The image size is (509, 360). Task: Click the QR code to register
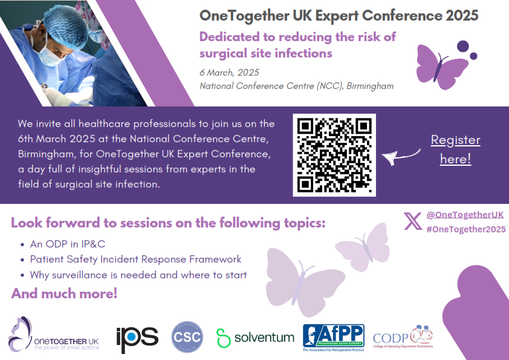[334, 155]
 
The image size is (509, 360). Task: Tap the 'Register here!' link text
[455, 149]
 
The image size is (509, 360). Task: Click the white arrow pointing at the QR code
[401, 157]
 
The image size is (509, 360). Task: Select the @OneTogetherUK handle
[465, 215]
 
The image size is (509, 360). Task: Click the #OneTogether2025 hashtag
[466, 229]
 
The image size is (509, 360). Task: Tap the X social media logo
[413, 221]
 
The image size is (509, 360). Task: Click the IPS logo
[137, 339]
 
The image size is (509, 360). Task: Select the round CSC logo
[187, 337]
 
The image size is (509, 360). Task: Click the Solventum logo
[255, 338]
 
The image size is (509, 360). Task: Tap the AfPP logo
[333, 338]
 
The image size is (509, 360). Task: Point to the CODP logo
[403, 337]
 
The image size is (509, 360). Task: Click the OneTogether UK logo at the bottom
[54, 335]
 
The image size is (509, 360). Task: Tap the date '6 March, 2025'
[229, 73]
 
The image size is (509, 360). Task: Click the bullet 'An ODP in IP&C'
[68, 244]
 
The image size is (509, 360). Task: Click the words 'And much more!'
[64, 293]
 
